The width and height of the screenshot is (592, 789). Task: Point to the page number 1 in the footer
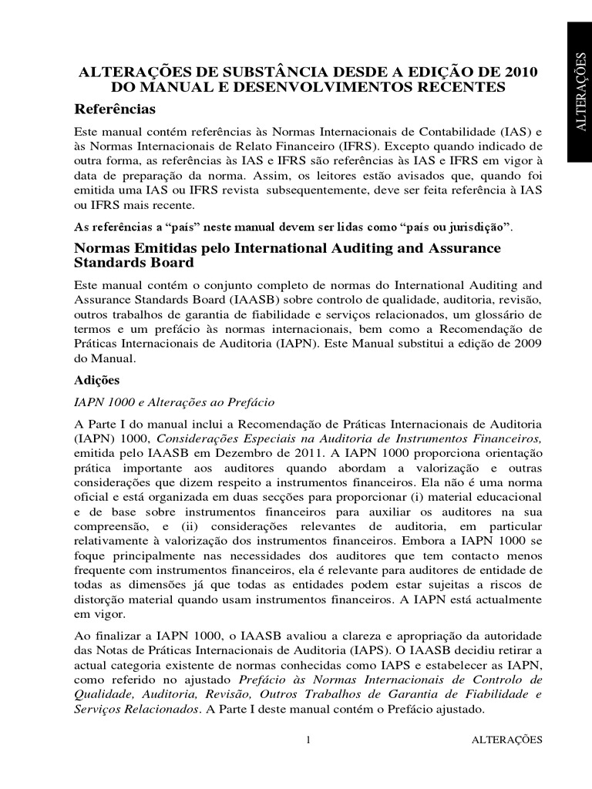(308, 740)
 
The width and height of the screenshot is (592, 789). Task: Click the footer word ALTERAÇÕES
(506, 740)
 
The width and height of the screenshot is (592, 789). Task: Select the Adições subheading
(96, 380)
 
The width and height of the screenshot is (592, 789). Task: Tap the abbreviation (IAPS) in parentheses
(365, 649)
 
